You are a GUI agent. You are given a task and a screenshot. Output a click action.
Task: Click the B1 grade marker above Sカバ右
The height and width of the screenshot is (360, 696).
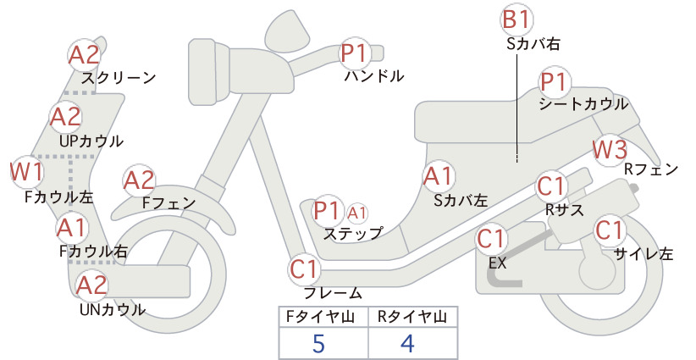tap(516, 20)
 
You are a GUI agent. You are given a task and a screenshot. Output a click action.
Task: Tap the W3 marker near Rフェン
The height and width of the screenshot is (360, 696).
tap(610, 150)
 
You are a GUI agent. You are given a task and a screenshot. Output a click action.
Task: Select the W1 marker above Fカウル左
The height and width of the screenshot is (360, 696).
tap(26, 172)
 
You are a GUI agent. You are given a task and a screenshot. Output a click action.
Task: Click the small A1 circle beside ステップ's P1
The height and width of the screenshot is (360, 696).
tap(356, 214)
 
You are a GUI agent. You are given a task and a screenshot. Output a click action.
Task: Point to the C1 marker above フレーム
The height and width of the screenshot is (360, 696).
tap(305, 269)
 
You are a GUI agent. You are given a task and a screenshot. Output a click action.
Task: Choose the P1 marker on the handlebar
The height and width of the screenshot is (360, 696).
tap(355, 53)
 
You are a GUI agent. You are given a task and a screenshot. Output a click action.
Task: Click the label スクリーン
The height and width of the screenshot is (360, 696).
tap(119, 78)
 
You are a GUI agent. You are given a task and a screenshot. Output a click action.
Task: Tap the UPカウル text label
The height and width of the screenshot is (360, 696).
tap(91, 141)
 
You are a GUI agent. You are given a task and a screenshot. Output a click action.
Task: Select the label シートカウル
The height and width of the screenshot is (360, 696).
tap(583, 104)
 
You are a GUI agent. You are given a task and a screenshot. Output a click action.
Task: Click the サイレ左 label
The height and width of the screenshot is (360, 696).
tap(644, 253)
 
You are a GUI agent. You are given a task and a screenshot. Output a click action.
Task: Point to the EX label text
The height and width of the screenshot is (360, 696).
tap(498, 263)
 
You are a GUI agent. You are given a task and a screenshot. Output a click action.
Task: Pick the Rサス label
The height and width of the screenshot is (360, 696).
tap(564, 210)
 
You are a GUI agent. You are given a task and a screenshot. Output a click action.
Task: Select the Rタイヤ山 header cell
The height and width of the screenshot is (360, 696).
tap(412, 317)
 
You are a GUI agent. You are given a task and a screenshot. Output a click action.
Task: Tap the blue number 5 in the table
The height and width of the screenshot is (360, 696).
tap(318, 343)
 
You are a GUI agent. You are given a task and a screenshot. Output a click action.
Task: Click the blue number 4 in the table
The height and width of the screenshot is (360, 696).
tap(407, 343)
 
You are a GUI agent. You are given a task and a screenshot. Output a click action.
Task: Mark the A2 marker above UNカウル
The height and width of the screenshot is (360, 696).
tap(92, 285)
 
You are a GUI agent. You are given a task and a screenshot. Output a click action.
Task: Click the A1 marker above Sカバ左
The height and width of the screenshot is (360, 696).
tap(439, 176)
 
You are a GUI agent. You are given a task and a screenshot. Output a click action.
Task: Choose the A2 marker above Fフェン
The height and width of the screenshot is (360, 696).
tap(139, 181)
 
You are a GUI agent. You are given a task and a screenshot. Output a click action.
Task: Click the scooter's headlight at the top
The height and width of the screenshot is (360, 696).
tap(287, 29)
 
